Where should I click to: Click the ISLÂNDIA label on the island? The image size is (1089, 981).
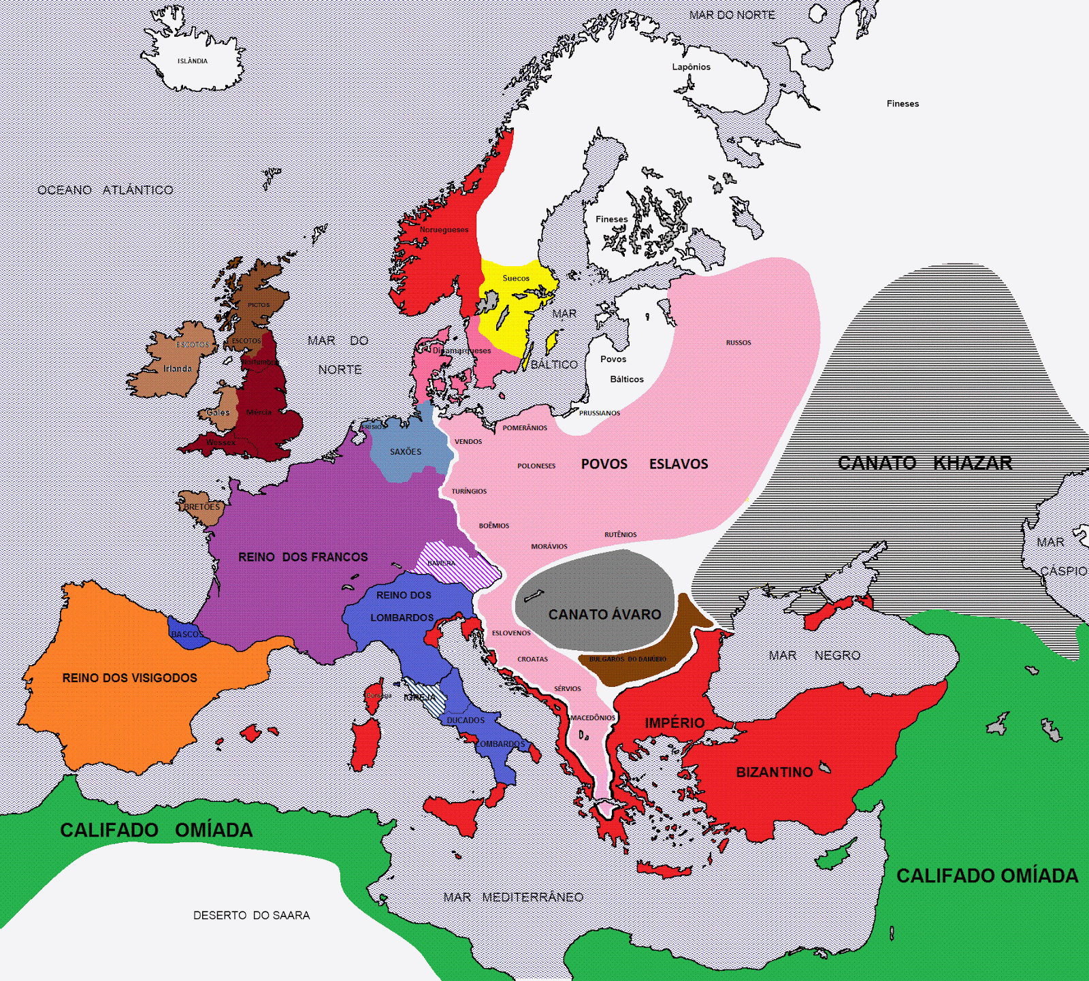click(x=193, y=61)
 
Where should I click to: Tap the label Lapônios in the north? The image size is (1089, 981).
click(x=691, y=67)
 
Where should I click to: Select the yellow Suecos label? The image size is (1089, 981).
click(x=516, y=278)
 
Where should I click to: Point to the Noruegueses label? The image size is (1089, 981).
click(x=444, y=230)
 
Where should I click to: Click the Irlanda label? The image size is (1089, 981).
click(x=177, y=369)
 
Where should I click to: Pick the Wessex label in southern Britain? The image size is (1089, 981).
click(x=221, y=443)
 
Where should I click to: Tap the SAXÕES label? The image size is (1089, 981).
click(x=406, y=451)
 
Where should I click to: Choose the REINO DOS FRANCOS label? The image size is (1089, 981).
click(x=303, y=557)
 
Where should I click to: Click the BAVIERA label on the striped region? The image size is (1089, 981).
click(x=442, y=563)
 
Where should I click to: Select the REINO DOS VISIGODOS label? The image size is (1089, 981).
click(x=129, y=678)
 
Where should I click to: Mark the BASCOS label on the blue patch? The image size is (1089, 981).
click(x=185, y=634)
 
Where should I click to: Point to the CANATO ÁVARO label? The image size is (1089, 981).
click(x=604, y=615)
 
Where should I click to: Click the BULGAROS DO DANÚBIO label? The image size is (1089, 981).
click(x=628, y=659)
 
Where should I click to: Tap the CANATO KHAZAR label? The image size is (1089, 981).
click(x=924, y=463)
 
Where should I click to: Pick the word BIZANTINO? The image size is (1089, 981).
click(x=775, y=772)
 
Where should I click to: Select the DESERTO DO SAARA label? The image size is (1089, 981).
click(x=251, y=916)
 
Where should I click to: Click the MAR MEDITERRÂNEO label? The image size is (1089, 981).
click(x=513, y=897)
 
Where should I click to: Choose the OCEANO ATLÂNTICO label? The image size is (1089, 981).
click(x=105, y=190)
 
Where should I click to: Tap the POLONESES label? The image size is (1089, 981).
click(x=536, y=466)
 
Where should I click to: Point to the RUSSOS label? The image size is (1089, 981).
click(x=738, y=343)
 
